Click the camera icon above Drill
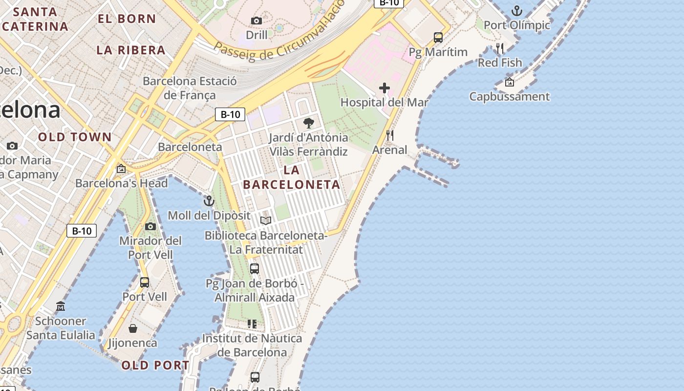coord(256,21)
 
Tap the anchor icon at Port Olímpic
coord(516,10)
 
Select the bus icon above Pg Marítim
coord(438,37)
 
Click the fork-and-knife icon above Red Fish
coord(499,48)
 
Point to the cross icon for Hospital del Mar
coord(385,88)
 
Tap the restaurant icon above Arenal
coord(390,135)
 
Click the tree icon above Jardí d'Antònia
coord(308,123)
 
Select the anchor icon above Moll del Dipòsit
coord(209,200)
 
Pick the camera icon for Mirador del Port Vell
coord(150,226)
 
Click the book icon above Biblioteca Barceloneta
coord(266,220)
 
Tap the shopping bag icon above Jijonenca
coord(133,328)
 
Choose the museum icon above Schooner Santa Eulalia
coord(61,306)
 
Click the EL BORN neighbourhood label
coord(127,19)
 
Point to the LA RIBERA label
coord(131,50)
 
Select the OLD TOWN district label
coord(75,137)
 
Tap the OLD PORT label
coord(155,365)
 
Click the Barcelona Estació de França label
coord(190,88)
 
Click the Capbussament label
coord(510,96)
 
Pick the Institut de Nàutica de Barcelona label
coord(252,345)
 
